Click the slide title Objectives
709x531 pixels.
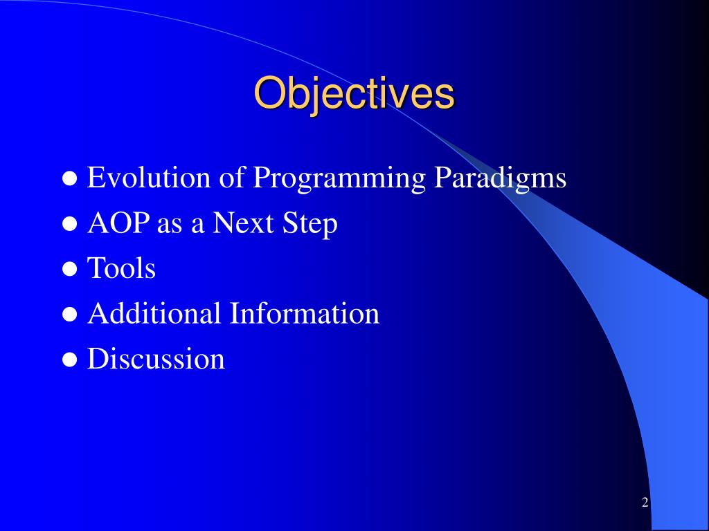click(x=354, y=93)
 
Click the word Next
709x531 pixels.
click(x=243, y=223)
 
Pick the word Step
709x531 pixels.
click(x=309, y=225)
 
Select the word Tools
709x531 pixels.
click(x=121, y=268)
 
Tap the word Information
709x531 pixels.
click(x=305, y=313)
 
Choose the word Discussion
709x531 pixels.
click(x=156, y=359)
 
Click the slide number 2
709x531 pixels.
click(x=645, y=502)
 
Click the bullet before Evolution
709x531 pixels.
click(x=70, y=178)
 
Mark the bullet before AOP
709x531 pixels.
click(x=70, y=224)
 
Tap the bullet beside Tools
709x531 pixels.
click(x=70, y=269)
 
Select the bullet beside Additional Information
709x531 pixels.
click(x=70, y=315)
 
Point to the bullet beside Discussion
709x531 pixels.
click(x=70, y=360)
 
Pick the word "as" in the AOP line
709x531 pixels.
click(x=170, y=226)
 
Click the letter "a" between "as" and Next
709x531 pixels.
click(x=197, y=226)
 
